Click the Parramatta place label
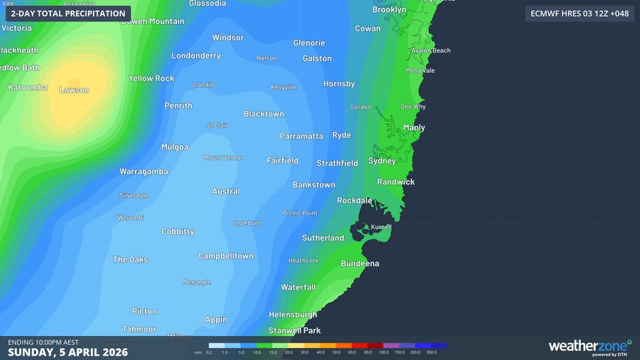pyautogui.click(x=301, y=136)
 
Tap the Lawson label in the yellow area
pyautogui.click(x=74, y=90)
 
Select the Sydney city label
pyautogui.click(x=382, y=161)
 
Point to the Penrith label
pyautogui.click(x=179, y=106)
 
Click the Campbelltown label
pyautogui.click(x=226, y=256)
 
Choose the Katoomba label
pyautogui.click(x=28, y=88)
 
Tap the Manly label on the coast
pyautogui.click(x=414, y=127)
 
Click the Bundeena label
pyautogui.click(x=360, y=264)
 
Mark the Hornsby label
pyautogui.click(x=339, y=84)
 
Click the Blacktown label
pyautogui.click(x=264, y=114)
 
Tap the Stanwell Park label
pyautogui.click(x=295, y=330)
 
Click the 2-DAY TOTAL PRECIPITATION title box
pyautogui.click(x=68, y=13)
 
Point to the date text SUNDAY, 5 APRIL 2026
pyautogui.click(x=68, y=352)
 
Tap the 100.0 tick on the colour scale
pyautogui.click(x=383, y=352)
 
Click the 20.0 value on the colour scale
pyautogui.click(x=288, y=352)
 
